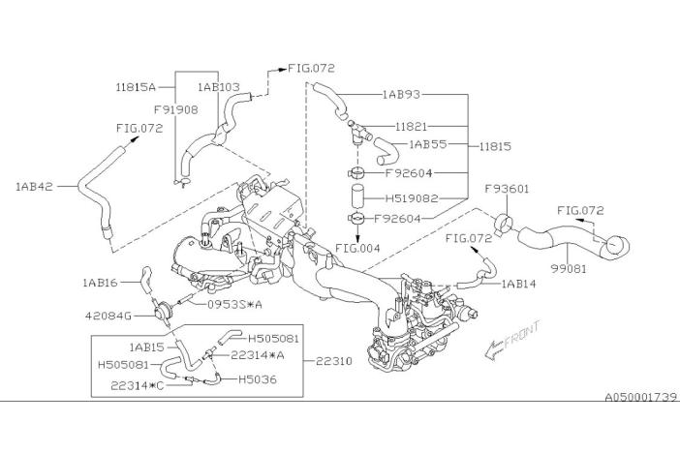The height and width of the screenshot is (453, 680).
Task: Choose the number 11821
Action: click(x=412, y=127)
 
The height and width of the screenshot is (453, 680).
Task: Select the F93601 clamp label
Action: click(x=507, y=190)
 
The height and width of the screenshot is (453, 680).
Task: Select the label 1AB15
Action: click(x=147, y=345)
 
